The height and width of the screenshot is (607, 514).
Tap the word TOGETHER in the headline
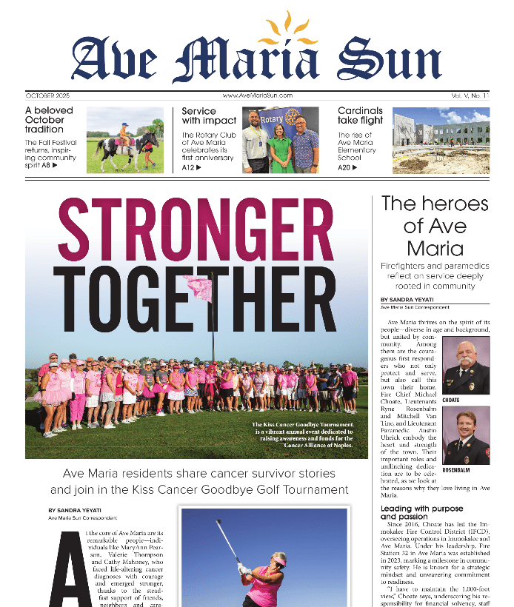pyautogui.click(x=196, y=298)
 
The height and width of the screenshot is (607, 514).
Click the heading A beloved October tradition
pyautogui.click(x=50, y=120)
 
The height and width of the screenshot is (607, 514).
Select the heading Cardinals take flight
pyautogui.click(x=361, y=116)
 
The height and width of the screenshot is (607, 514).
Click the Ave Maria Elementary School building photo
pyautogui.click(x=441, y=141)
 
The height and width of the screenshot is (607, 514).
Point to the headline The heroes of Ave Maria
pyautogui.click(x=435, y=225)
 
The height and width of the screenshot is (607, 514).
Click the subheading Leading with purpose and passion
pyautogui.click(x=421, y=513)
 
